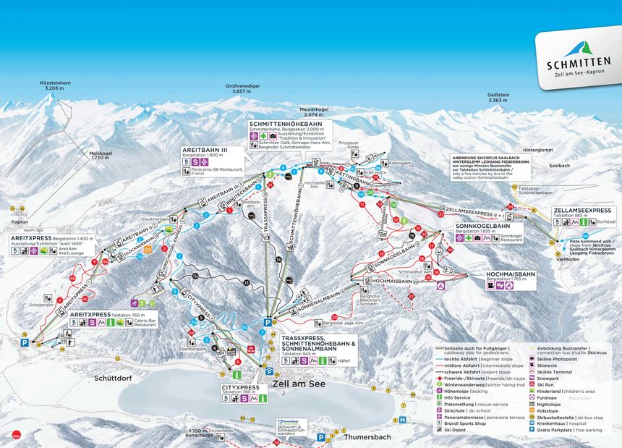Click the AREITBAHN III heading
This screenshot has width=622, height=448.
click(x=205, y=150)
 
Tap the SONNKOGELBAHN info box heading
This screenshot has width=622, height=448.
click(x=485, y=226)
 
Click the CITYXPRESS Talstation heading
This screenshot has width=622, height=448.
click(x=240, y=388)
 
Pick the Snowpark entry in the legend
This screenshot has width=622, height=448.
click(x=554, y=378)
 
